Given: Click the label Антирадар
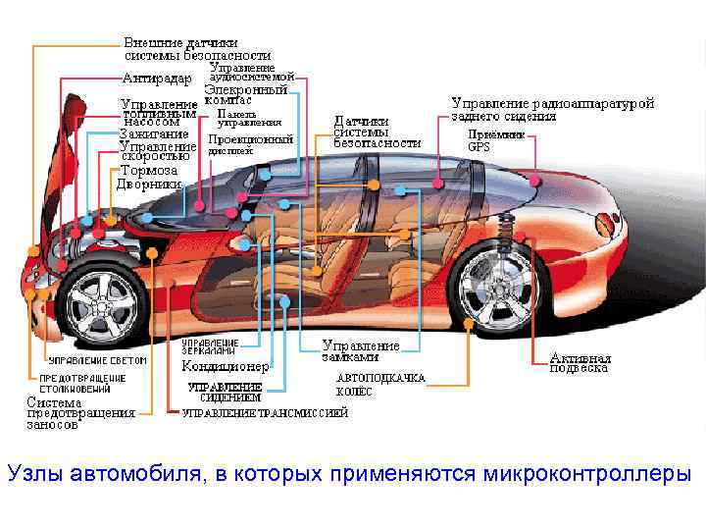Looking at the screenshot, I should pos(156,79).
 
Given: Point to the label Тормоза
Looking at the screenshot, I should pos(147,170).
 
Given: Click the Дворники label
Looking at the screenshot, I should pos(149,184).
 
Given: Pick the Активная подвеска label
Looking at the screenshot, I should pos(580,363).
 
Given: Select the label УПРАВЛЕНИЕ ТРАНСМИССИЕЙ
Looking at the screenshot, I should pos(265,413).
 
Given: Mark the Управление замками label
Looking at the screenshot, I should pos(361,351).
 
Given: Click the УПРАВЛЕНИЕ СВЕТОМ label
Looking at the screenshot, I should pos(97,360).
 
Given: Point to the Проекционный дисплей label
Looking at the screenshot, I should pos(250,145).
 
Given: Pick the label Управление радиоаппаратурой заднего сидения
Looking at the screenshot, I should pos(552,108).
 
